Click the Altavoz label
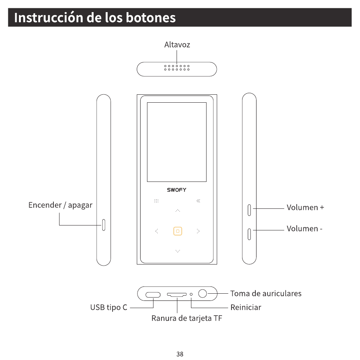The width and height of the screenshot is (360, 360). coord(177,45)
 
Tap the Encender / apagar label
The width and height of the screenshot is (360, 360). coord(60,205)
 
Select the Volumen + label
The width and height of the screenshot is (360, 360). coord(305,208)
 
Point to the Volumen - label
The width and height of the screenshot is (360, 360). coord(304,229)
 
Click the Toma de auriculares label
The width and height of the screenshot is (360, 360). coord(266,293)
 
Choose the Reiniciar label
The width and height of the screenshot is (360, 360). coord(246,307)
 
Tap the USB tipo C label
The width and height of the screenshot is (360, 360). coord(108,307)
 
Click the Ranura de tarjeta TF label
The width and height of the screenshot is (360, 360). coord(186,318)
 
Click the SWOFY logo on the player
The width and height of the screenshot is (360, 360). coord(177,190)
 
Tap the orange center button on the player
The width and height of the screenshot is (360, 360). coord(177,231)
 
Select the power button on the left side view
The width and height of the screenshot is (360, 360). coord(103,225)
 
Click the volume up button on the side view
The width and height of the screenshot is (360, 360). coord(249,209)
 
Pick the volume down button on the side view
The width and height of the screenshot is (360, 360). coord(249,234)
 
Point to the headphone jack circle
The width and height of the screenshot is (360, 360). coord(203,293)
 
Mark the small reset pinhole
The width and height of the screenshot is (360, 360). coord(191,294)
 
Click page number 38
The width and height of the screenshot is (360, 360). coord(180,354)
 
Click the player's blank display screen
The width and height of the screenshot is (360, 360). coord(177,142)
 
